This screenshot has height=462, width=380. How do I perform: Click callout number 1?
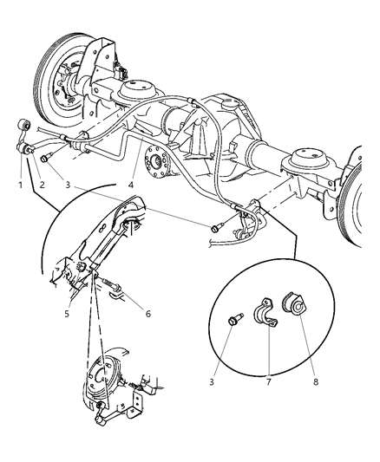pos(16,183)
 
